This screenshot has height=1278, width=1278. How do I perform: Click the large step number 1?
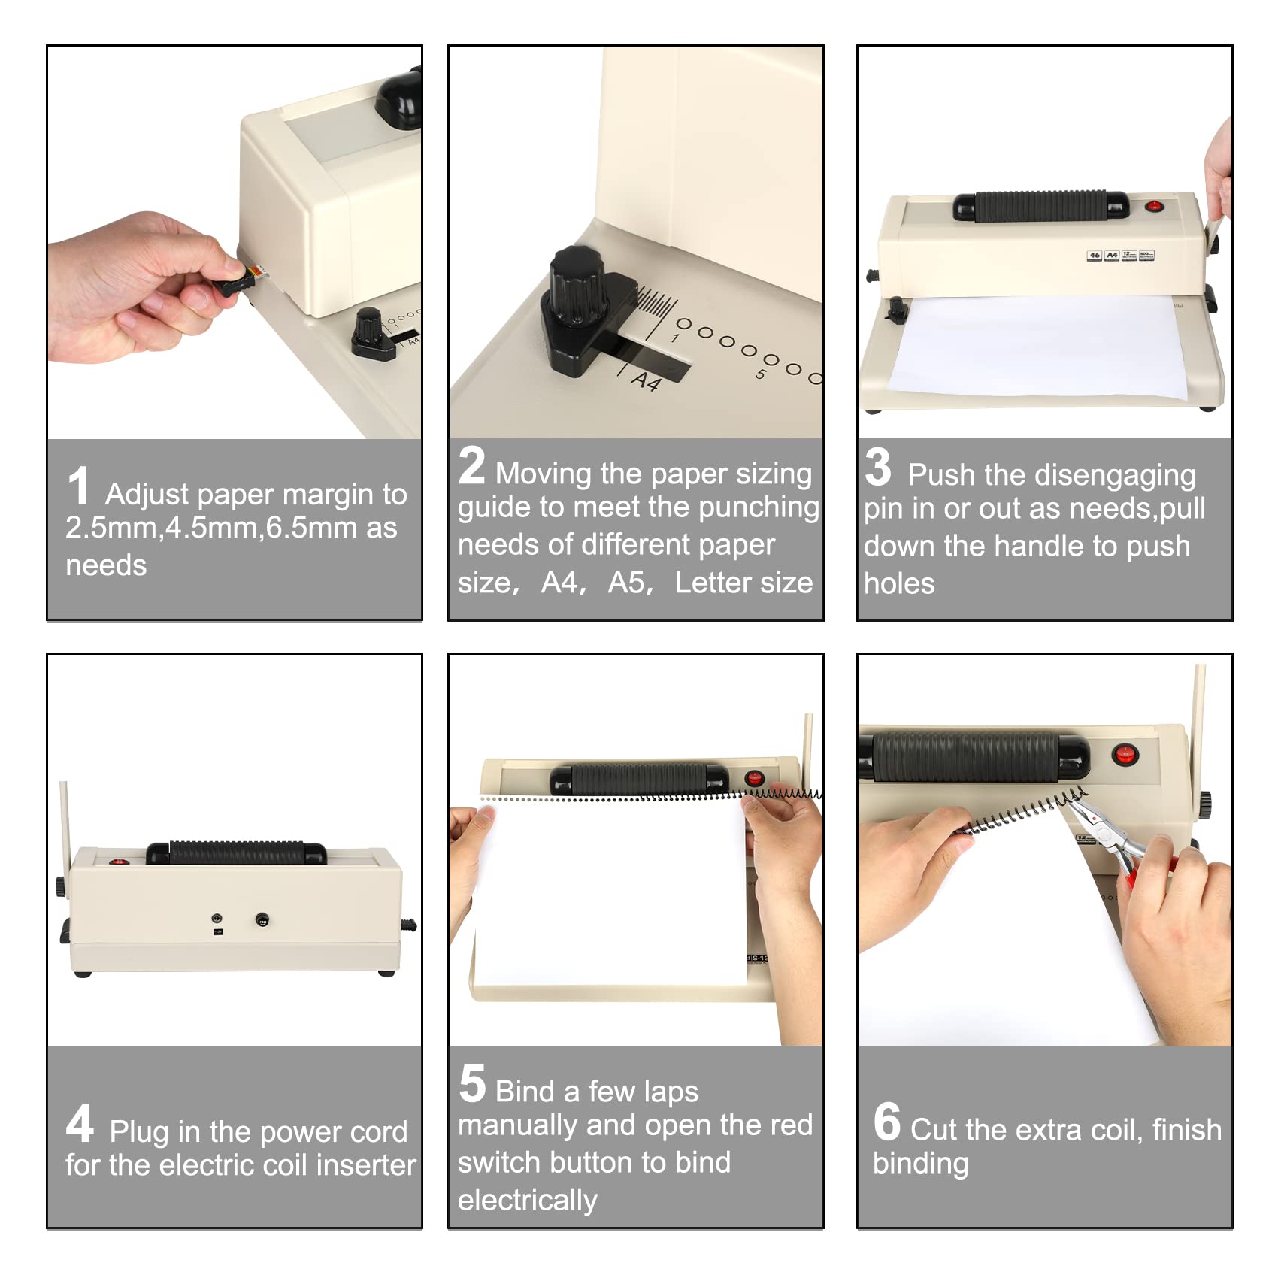(x=78, y=486)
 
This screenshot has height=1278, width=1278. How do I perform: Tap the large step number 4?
(x=80, y=1123)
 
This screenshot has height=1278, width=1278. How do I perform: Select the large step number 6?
(x=886, y=1122)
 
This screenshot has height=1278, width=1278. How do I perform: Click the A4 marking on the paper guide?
(x=646, y=381)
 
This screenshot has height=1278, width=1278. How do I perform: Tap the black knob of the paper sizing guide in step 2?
(x=576, y=286)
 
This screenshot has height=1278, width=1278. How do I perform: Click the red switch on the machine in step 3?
(x=1152, y=205)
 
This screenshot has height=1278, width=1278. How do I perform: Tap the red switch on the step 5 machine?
(x=754, y=778)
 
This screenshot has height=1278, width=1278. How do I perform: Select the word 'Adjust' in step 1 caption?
(x=147, y=495)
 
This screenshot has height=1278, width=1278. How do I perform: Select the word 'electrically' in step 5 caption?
(x=527, y=1200)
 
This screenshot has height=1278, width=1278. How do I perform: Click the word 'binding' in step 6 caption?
(x=920, y=1163)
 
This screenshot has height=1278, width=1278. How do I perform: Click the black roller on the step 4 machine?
(x=236, y=853)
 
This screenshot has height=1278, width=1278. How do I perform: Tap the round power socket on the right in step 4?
(x=262, y=919)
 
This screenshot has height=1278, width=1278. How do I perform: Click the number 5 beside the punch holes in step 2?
(x=761, y=374)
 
